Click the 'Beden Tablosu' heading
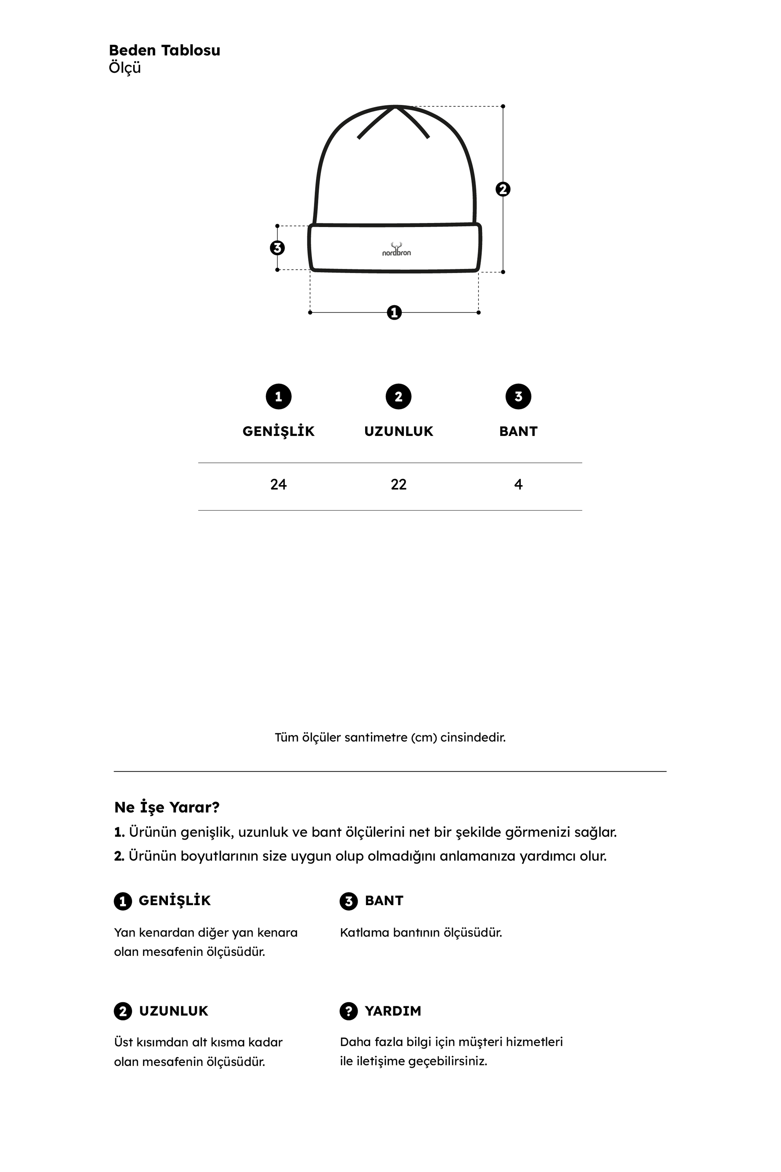pyautogui.click(x=164, y=50)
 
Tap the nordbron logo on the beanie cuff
pyautogui.click(x=396, y=250)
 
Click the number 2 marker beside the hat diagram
pyautogui.click(x=503, y=189)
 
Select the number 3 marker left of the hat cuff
pyautogui.click(x=277, y=248)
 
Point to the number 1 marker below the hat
pyautogui.click(x=394, y=313)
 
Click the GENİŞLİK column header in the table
pyautogui.click(x=278, y=432)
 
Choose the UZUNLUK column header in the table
pyautogui.click(x=398, y=432)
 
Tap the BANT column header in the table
pyautogui.click(x=519, y=432)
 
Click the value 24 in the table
pyautogui.click(x=278, y=484)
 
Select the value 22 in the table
pyautogui.click(x=398, y=484)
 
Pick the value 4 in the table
pyautogui.click(x=519, y=484)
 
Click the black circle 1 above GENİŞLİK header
pyautogui.click(x=278, y=397)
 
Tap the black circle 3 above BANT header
pyautogui.click(x=519, y=397)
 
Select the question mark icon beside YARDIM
pyautogui.click(x=349, y=1011)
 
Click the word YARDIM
pyautogui.click(x=393, y=1011)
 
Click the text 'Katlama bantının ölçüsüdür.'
pyautogui.click(x=421, y=933)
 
